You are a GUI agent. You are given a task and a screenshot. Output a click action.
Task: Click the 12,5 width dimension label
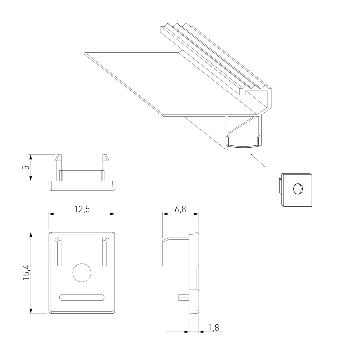(82, 209)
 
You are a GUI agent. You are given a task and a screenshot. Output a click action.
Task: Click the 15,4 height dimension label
(26, 272)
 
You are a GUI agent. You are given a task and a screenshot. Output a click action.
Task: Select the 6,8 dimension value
(180, 209)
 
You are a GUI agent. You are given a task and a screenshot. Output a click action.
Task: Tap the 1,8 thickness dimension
(213, 328)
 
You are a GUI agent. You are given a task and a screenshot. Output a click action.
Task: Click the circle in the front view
(82, 273)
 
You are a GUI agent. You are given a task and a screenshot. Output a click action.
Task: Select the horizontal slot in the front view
(82, 297)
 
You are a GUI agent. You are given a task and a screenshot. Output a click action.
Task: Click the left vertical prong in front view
(58, 252)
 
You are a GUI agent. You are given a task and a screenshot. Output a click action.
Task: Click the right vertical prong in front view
(105, 252)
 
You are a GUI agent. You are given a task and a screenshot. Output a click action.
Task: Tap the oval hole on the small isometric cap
(298, 189)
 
